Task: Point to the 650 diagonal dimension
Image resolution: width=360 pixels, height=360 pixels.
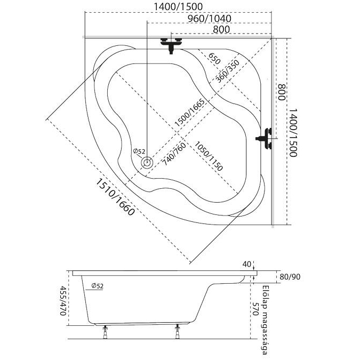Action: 213,59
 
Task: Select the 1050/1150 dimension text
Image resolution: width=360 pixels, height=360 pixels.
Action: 208,156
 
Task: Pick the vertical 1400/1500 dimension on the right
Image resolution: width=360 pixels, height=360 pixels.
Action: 293,131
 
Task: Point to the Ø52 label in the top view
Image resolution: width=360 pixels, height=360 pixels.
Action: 139,151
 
